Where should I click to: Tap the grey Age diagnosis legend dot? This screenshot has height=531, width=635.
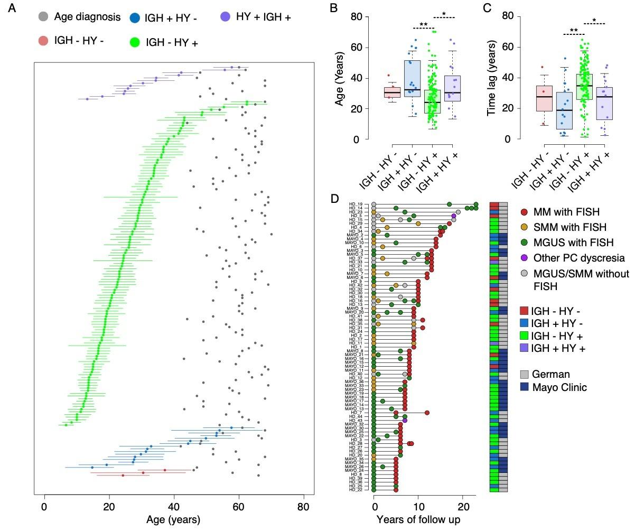[x=44, y=17]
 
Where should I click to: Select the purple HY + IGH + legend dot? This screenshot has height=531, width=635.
[x=226, y=17]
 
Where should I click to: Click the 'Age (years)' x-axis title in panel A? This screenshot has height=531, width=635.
[x=173, y=520]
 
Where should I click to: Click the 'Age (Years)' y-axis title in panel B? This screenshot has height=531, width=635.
[x=341, y=78]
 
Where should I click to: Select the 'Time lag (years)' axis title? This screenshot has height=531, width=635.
[x=493, y=78]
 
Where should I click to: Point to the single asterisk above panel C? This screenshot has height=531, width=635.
[x=594, y=21]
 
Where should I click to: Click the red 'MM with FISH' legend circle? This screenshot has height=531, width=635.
[x=524, y=211]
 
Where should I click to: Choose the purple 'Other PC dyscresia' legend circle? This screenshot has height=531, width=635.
[x=524, y=258]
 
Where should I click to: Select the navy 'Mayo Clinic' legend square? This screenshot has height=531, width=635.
[x=524, y=387]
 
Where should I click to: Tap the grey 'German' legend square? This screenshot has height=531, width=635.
[x=524, y=374]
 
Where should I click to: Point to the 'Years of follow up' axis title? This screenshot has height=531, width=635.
[x=418, y=520]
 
